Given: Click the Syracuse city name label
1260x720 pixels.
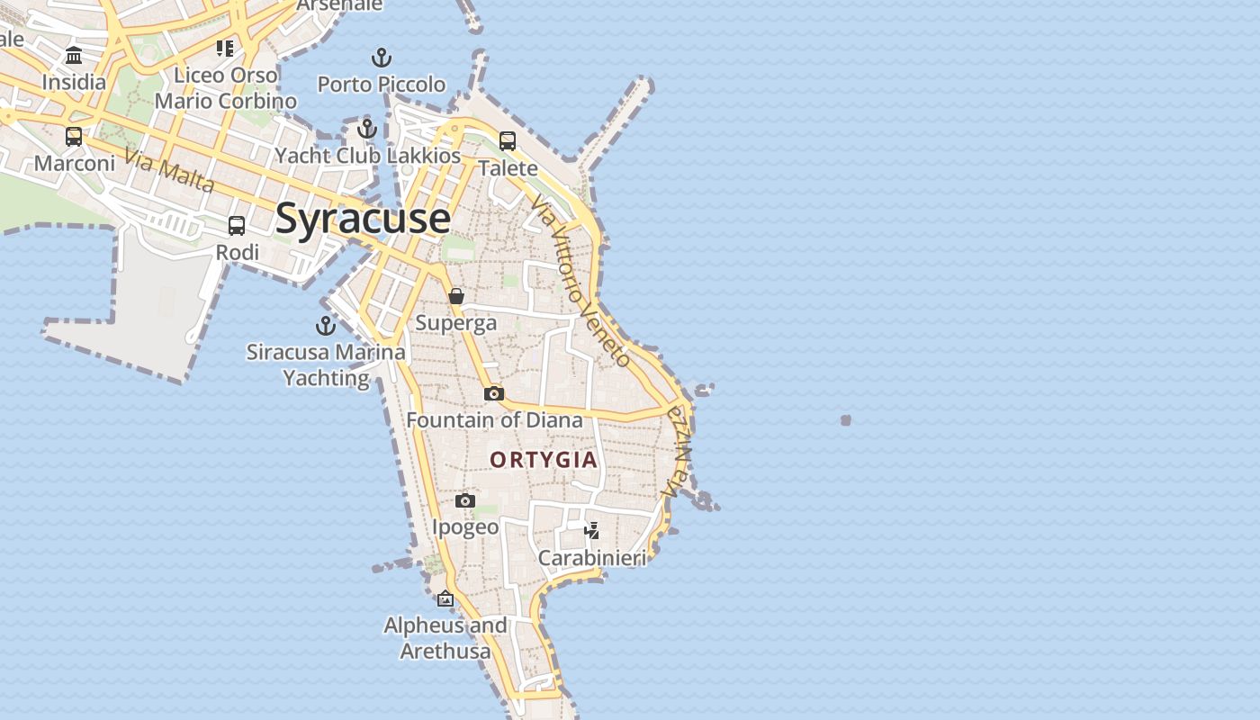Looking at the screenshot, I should (x=363, y=219).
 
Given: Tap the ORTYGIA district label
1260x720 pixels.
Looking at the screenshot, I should (x=544, y=460).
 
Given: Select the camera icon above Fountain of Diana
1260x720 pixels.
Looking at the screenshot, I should (x=493, y=393).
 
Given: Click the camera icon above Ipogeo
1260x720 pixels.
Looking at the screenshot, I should (x=465, y=500).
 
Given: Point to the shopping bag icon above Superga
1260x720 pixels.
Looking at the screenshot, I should (x=456, y=296).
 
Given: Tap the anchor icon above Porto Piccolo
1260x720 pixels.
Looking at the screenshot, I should (x=382, y=58).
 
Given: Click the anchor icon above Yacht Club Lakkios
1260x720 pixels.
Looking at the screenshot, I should (x=366, y=129).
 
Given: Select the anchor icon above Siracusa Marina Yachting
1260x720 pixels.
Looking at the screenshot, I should (x=325, y=326).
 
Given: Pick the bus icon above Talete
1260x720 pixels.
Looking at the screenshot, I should (x=508, y=141).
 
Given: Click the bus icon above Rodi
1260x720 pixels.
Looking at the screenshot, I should (x=237, y=226).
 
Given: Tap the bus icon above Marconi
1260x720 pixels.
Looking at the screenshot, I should (x=74, y=137).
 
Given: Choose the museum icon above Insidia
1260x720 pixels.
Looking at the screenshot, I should (x=74, y=56).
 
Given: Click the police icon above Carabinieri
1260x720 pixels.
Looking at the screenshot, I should (x=591, y=531).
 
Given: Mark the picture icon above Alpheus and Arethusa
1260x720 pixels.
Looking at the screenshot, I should (x=445, y=598).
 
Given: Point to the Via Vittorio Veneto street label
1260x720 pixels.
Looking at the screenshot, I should (x=580, y=281).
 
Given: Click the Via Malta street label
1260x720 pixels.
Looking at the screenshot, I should (x=169, y=170).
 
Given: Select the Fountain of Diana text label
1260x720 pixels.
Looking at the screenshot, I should (x=494, y=420).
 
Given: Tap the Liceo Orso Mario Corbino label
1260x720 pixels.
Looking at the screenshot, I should (x=226, y=88).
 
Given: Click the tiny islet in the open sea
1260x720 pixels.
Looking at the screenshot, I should (x=846, y=420).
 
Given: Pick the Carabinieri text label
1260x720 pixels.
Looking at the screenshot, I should (x=591, y=559).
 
